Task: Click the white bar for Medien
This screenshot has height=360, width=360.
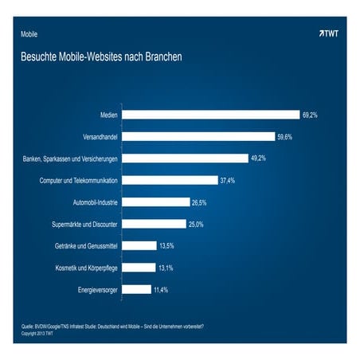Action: pos(210,115)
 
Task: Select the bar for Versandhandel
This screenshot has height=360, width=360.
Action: pos(198,137)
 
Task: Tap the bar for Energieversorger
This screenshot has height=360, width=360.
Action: pos(136,290)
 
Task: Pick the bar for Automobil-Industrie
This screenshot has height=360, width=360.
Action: pos(156,202)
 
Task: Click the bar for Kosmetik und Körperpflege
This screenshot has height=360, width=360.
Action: pos(139,268)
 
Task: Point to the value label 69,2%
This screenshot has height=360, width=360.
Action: pos(311,115)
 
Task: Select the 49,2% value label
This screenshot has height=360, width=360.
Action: pos(259,158)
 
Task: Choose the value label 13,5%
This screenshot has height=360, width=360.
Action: pos(168,246)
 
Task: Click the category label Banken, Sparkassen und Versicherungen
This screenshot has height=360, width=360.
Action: pos(70,158)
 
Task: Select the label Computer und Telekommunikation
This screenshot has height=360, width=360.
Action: pos(79,181)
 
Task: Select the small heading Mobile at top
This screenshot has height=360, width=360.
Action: pos(29,35)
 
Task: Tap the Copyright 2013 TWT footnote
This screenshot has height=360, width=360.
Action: pos(37,334)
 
